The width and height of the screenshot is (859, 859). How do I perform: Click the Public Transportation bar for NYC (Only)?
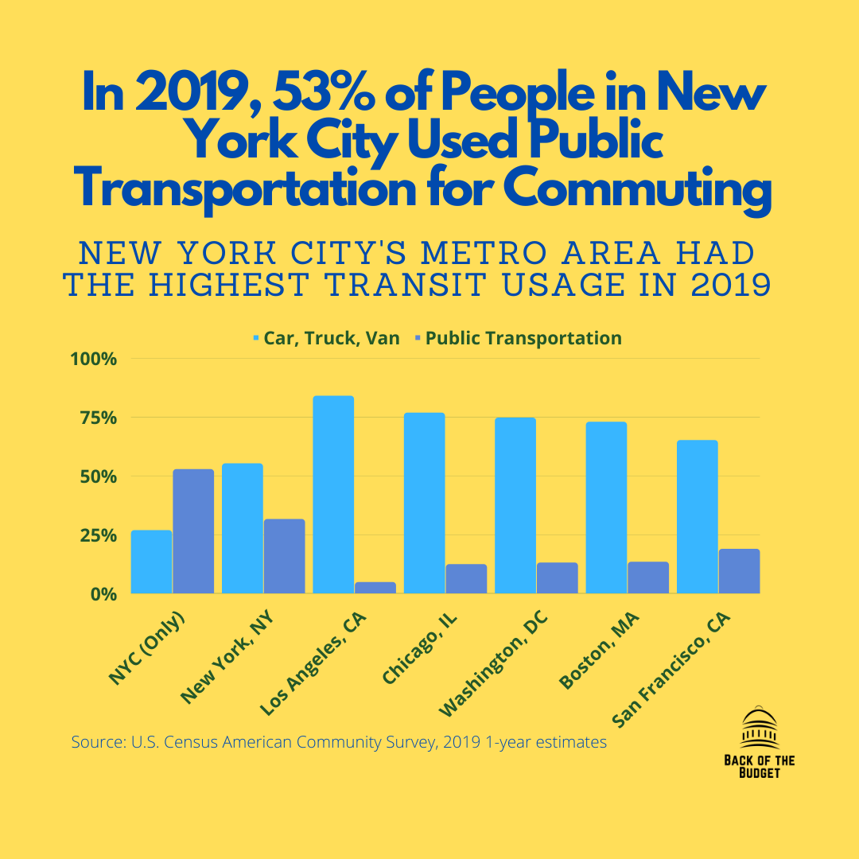coord(193,531)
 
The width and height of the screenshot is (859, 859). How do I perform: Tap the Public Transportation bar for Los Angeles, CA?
coord(375,588)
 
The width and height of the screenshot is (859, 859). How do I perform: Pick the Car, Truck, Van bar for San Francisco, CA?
coord(697,517)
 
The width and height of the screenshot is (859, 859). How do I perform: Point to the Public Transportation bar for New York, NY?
coord(285,556)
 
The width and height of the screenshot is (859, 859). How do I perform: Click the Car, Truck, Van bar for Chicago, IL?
coord(424,503)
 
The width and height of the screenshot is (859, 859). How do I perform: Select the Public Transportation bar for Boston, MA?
coord(648,577)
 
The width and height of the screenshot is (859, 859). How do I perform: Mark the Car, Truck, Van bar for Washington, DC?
coord(515,505)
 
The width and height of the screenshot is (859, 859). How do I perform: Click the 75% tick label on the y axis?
coord(94,418)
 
